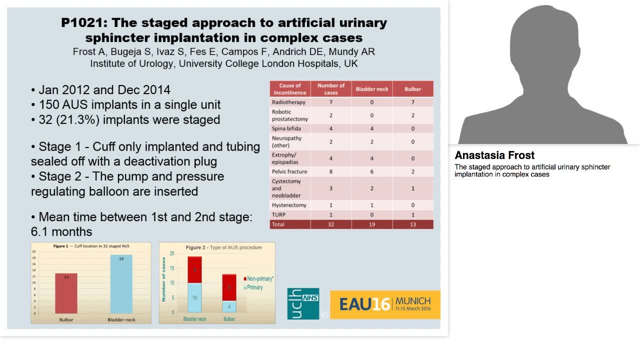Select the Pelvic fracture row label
click(x=289, y=171)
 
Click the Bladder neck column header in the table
click(x=371, y=89)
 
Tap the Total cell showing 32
click(x=331, y=224)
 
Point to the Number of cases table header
click(x=331, y=89)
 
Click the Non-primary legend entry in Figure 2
click(x=259, y=278)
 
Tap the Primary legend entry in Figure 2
click(x=254, y=287)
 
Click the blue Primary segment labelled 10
click(x=194, y=298)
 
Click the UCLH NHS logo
click(x=303, y=303)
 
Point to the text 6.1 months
click(x=61, y=231)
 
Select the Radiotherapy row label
click(x=288, y=102)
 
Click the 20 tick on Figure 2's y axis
click(x=172, y=253)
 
